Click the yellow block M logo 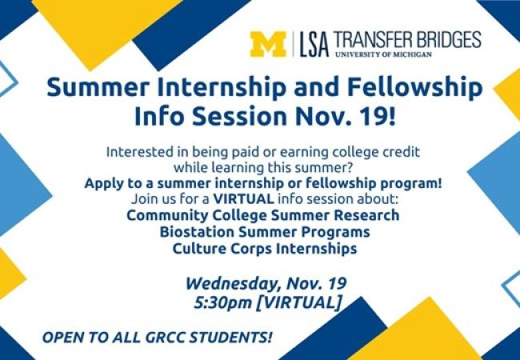pyautogui.click(x=268, y=44)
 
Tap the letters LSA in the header pyautogui.click(x=313, y=45)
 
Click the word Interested pyautogui.click(x=139, y=152)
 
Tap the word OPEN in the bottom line pyautogui.click(x=63, y=334)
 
